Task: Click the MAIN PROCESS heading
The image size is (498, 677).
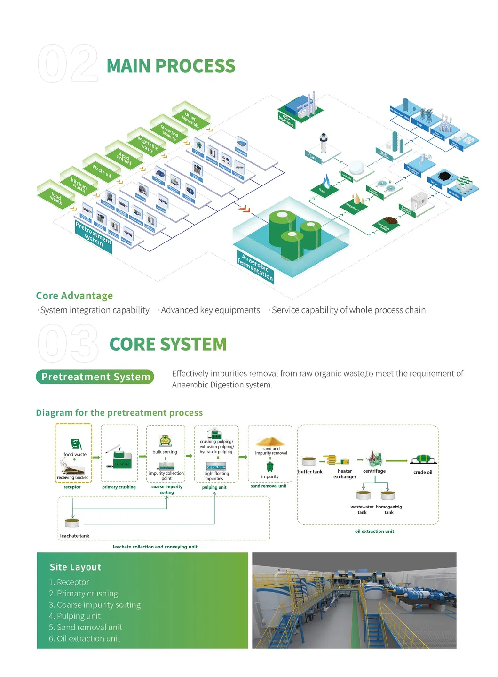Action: (171, 66)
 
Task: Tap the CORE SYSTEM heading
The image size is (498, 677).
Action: (168, 344)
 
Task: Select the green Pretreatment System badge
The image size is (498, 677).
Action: (95, 377)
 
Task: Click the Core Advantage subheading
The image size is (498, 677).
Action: (74, 296)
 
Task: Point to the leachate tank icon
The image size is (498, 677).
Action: (72, 522)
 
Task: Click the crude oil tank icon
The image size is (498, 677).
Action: (423, 459)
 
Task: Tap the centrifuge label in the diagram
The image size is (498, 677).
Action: (374, 471)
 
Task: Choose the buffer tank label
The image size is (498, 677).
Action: (310, 472)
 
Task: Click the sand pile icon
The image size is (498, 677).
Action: (270, 442)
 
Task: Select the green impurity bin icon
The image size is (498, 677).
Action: (270, 467)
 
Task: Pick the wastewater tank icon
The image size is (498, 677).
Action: (364, 495)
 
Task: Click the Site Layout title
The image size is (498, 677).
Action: (75, 567)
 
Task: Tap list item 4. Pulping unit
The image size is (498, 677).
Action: (75, 616)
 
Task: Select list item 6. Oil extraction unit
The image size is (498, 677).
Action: (85, 638)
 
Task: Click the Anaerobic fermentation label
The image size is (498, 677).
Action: (255, 267)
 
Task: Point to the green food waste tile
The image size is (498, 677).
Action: (56, 197)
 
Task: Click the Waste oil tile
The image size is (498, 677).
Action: (102, 170)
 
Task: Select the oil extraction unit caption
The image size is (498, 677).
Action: (374, 531)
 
